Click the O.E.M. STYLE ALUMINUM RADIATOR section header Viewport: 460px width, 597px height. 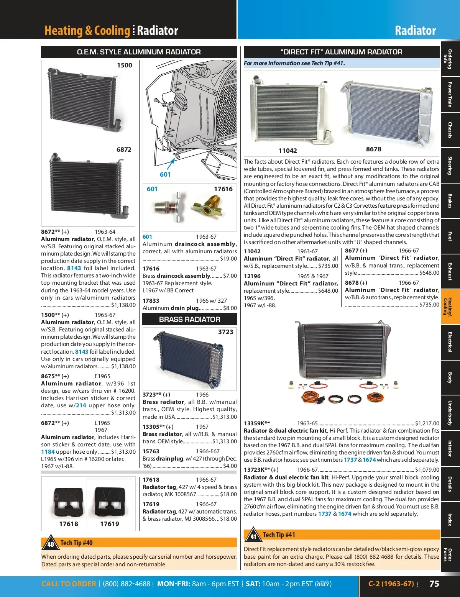(x=139, y=52)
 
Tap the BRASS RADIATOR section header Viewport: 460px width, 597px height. (x=189, y=319)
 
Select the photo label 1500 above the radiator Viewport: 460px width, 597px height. (x=125, y=65)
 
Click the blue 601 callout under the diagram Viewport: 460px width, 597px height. (x=165, y=174)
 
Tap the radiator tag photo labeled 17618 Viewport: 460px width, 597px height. (x=69, y=502)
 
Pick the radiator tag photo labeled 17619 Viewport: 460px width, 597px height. (x=110, y=502)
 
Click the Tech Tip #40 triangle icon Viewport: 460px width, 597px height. (x=51, y=542)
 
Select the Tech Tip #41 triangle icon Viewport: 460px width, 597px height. (x=253, y=535)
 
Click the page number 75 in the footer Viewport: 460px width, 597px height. (x=434, y=584)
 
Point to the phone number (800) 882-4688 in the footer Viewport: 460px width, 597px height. (x=126, y=584)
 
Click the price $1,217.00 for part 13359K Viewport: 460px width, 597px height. (x=427, y=423)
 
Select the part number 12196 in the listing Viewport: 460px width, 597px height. (x=252, y=276)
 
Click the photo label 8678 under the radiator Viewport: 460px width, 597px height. (x=373, y=149)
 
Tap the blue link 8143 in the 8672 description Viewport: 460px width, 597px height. (x=74, y=268)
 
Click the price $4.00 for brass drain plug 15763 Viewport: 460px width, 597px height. (x=230, y=466)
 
